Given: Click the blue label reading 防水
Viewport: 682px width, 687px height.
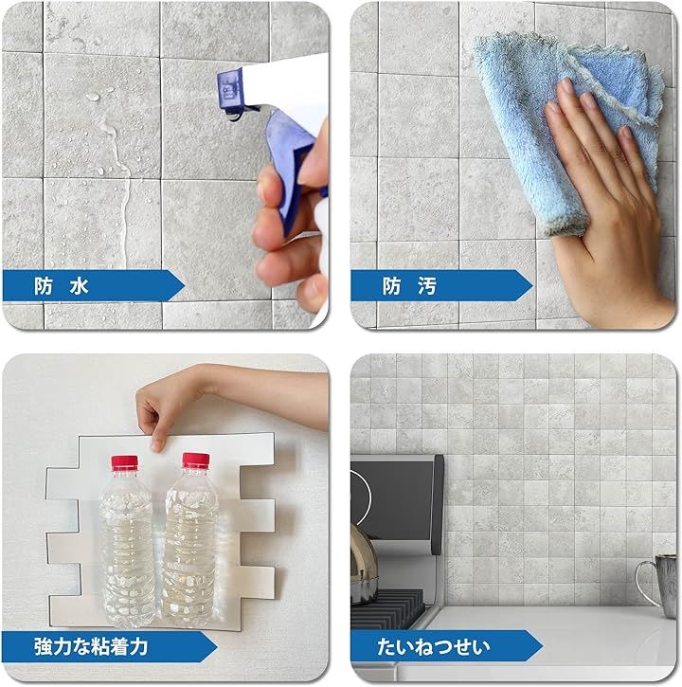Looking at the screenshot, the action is tap(93, 285).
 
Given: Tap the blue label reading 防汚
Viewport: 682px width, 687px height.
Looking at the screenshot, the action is tap(441, 285).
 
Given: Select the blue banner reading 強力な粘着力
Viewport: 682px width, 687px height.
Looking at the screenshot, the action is tap(110, 646).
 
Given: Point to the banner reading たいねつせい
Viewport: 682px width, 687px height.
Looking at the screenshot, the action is tap(447, 646).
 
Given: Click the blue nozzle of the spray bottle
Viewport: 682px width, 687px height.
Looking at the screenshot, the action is tap(231, 91).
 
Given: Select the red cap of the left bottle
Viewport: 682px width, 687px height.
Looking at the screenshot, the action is tap(125, 463).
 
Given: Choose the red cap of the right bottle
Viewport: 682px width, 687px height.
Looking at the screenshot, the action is tap(196, 461).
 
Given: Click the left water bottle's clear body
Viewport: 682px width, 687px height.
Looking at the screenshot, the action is tap(127, 548).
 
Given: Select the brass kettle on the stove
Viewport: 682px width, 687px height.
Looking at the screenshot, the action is tap(363, 565).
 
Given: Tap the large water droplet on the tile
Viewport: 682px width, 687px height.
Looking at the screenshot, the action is tap(93, 97).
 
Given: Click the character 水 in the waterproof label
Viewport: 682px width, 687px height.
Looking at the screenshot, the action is tap(79, 286).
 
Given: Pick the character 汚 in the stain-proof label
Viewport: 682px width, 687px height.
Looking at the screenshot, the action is tap(427, 286).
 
